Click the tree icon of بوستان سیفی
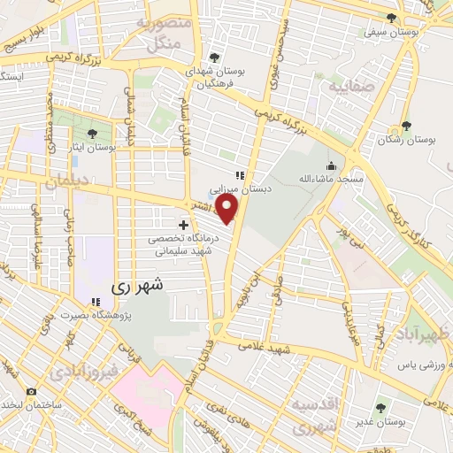tap(392, 18)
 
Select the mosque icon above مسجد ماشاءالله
tap(332, 165)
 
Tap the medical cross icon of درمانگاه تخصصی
tap(183, 226)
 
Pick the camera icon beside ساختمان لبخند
tap(33, 391)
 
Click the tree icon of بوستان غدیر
tap(381, 408)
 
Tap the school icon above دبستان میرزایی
tap(238, 174)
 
